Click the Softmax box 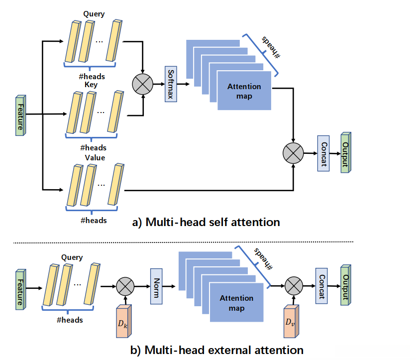tap(171, 85)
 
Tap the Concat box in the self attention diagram tap(323, 153)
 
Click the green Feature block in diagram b tap(19, 287)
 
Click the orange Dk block tap(121, 324)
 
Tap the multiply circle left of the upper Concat tap(293, 152)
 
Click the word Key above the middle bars tap(91, 85)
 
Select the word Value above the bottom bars tap(94, 158)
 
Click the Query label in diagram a tap(94, 14)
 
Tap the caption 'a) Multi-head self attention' tap(206, 222)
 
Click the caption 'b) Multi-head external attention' tap(216, 350)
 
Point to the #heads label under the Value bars tap(94, 220)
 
